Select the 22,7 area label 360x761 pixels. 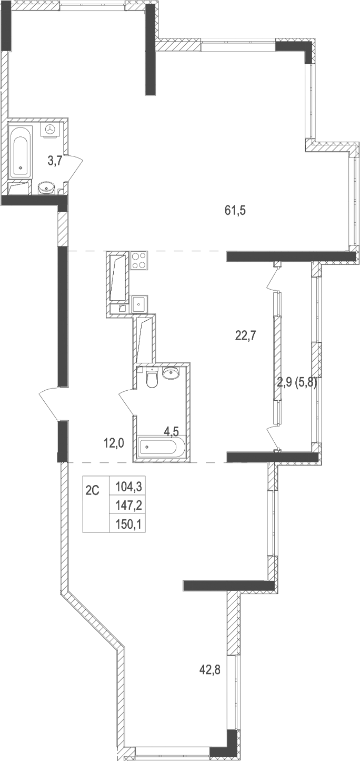tap(245, 335)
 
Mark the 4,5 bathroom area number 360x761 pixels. tap(171, 432)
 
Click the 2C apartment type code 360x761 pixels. tap(93, 490)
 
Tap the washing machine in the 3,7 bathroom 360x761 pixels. tap(51, 129)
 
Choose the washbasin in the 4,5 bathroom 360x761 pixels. tap(172, 374)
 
